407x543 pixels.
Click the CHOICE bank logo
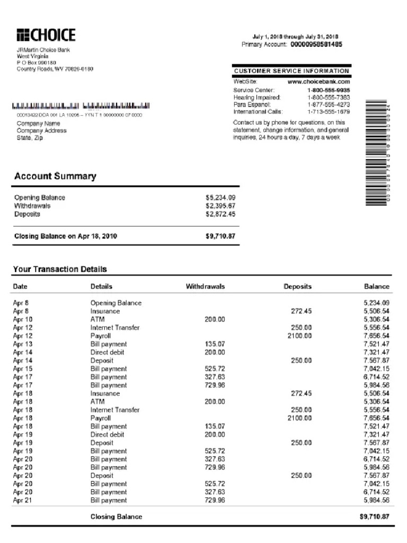coord(46,36)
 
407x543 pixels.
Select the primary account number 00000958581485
coord(316,45)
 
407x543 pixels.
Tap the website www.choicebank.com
coord(318,82)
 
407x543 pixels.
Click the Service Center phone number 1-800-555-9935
coord(329,90)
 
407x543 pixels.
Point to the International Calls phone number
coord(329,112)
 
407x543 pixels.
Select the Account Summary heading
coord(55,176)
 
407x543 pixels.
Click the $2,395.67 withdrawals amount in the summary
coord(220,206)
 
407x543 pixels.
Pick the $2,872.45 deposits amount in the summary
coord(220,214)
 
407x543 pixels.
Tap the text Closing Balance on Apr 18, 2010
coord(65,237)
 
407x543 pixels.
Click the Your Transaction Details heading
coord(60,269)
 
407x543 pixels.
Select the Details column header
coord(101,286)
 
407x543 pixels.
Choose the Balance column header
coord(376,286)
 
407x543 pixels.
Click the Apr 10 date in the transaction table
coord(22,320)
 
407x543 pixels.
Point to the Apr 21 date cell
coord(22,501)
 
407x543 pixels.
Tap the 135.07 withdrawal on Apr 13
coord(215,344)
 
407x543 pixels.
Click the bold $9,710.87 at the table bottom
coord(374,516)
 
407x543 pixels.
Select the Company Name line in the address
coord(38,124)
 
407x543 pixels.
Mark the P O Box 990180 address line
coord(36,63)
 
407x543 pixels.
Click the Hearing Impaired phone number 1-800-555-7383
coord(329,98)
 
